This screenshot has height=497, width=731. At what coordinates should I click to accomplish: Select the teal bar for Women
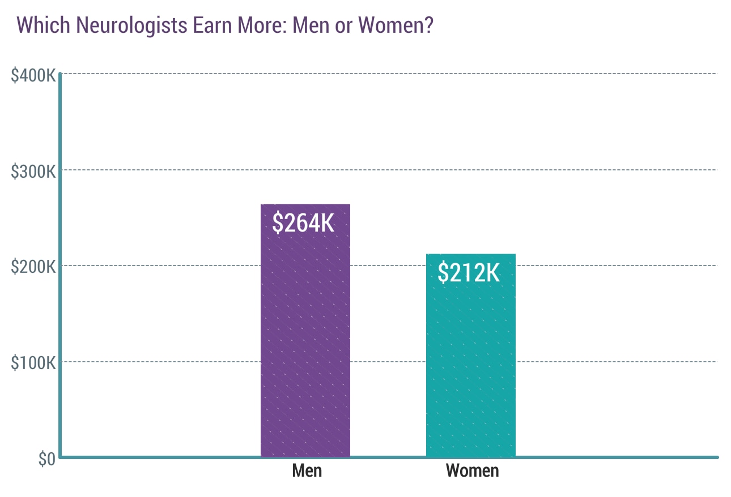470,368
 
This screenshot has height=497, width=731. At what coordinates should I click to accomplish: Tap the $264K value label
303,223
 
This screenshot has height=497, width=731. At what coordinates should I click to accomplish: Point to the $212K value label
469,273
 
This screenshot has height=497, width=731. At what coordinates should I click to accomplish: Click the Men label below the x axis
307,470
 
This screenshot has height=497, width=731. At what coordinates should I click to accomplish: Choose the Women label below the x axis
472,470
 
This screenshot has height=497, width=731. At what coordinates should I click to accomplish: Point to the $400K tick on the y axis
33,75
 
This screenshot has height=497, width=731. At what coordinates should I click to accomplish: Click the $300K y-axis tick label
33,170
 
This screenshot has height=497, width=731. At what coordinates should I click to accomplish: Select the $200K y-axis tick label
33,266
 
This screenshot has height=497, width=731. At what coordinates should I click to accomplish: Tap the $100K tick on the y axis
33,362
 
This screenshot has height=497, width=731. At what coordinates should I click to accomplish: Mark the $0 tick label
46,459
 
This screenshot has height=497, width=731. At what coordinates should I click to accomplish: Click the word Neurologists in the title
120,25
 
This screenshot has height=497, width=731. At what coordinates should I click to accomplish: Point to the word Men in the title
311,25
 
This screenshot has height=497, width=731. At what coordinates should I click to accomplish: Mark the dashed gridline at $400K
397,74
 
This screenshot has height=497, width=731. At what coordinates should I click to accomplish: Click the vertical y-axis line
59,255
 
